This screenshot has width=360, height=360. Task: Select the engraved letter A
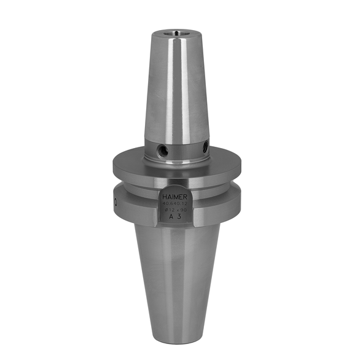click(171, 217)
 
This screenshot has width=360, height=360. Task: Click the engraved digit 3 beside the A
click(179, 217)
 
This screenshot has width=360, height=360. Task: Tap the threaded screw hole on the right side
click(205, 146)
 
